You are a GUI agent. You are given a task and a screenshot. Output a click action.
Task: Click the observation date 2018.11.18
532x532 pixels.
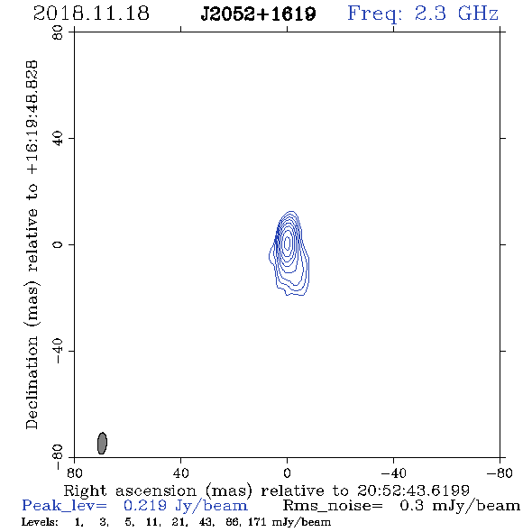click(x=91, y=14)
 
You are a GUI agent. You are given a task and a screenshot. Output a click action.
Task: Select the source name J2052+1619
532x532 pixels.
click(x=258, y=14)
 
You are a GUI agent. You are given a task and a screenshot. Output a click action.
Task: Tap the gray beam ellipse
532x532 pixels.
click(x=102, y=443)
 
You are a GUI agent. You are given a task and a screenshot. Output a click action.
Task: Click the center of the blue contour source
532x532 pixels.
click(x=288, y=243)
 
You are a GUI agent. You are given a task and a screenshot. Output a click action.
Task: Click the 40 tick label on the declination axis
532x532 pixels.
click(x=58, y=139)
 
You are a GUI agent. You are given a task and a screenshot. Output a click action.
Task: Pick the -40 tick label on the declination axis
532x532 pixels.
click(x=58, y=351)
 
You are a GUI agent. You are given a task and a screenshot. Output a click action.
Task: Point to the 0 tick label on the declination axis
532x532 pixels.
click(x=58, y=244)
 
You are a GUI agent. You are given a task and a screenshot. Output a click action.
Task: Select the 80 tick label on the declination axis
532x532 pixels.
click(x=58, y=32)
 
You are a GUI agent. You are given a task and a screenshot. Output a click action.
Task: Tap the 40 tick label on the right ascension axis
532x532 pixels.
click(x=181, y=473)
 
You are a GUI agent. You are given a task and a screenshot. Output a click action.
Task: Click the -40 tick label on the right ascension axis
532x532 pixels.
click(x=393, y=473)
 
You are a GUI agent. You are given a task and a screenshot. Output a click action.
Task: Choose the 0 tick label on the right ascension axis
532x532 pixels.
click(x=287, y=473)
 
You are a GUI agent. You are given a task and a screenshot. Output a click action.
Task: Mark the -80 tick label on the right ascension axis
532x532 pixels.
click(x=500, y=473)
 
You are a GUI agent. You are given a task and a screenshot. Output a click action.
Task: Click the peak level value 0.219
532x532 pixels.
click(x=145, y=506)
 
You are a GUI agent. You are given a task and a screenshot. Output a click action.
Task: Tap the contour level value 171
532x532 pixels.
click(x=257, y=522)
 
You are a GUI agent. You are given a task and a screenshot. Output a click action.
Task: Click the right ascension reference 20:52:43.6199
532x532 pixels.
click(x=413, y=491)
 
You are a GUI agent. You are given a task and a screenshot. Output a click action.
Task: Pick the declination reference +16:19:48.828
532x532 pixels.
click(x=32, y=118)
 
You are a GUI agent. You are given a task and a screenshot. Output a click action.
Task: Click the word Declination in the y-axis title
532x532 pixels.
click(x=32, y=383)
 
